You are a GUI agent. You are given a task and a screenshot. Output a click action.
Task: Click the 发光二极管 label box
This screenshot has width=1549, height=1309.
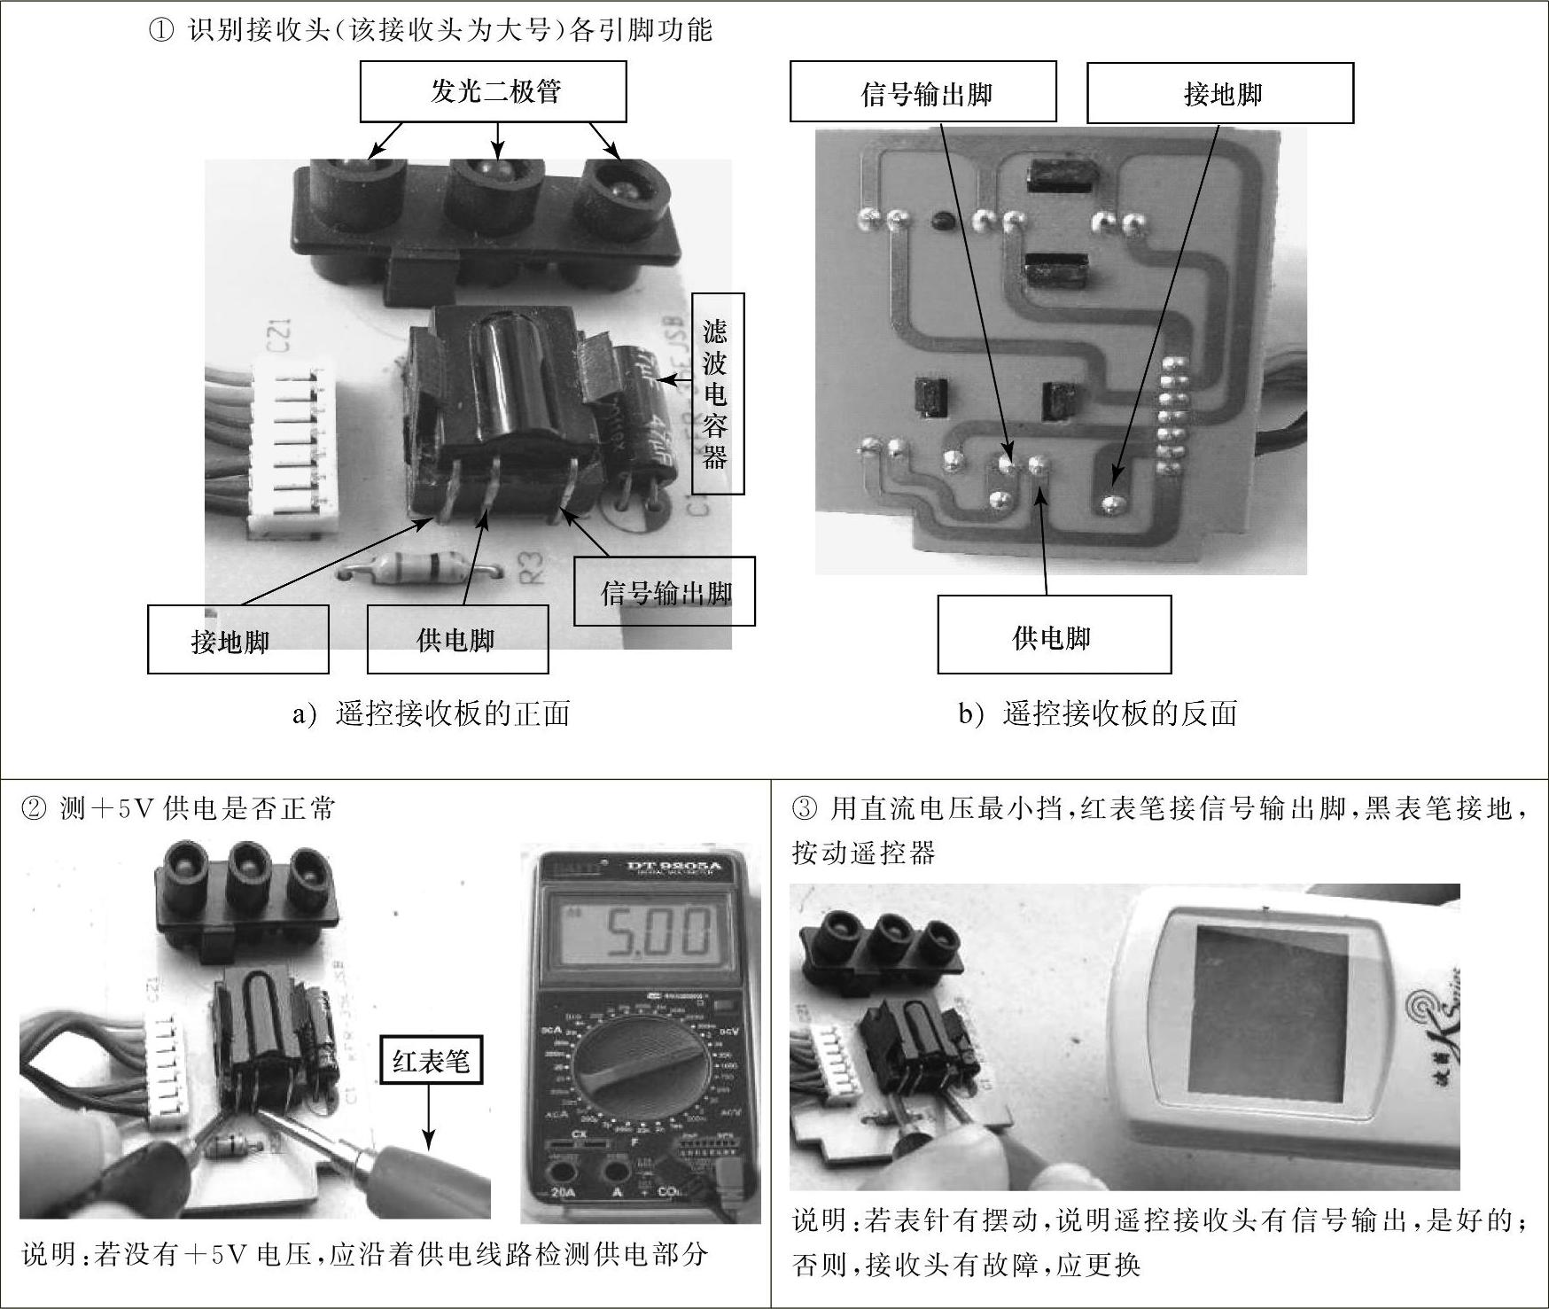click(x=493, y=91)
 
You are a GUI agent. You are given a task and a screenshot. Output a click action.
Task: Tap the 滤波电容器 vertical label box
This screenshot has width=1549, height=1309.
click(x=718, y=393)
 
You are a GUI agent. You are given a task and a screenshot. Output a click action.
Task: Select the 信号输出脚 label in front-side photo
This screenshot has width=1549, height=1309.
click(x=665, y=591)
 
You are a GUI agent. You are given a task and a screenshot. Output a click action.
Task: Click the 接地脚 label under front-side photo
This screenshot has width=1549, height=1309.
click(x=237, y=639)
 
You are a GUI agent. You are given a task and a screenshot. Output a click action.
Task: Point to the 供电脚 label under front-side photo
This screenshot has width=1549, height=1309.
click(x=457, y=639)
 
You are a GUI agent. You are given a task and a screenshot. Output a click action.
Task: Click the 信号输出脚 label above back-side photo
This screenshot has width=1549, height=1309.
click(x=923, y=91)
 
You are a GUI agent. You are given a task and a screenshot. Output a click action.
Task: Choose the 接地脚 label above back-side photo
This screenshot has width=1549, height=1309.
click(x=1220, y=92)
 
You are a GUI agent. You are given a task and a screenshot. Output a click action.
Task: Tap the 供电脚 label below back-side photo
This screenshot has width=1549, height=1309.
click(x=1055, y=635)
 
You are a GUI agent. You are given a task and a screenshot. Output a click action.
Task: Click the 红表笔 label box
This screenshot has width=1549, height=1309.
click(x=432, y=1059)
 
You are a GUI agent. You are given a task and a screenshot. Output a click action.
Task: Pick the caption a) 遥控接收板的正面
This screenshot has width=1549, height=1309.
click(x=432, y=713)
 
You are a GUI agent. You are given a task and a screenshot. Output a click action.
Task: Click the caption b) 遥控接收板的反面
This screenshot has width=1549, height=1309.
click(x=1098, y=713)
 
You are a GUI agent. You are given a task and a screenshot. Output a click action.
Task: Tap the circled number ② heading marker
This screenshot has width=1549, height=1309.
click(x=35, y=808)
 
